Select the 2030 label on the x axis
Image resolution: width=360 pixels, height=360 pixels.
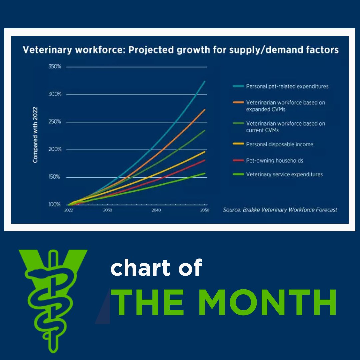pos(107,210)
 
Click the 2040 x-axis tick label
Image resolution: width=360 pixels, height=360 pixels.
pos(156,210)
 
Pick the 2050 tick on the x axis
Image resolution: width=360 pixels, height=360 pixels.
pos(205,210)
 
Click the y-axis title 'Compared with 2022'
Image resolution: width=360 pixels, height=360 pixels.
pos(35,135)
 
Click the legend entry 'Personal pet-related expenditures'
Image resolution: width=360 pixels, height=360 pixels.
pos(287,86)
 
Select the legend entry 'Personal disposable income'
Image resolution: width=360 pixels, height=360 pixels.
pos(279,145)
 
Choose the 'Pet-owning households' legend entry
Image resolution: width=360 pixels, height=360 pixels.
pos(274,161)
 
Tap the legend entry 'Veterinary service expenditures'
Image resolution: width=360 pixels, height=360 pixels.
pos(284,174)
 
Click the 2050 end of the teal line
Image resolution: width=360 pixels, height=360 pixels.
pos(205,81)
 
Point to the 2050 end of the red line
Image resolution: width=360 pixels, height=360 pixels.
pos(205,160)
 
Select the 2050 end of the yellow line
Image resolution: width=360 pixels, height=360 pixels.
pos(205,151)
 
